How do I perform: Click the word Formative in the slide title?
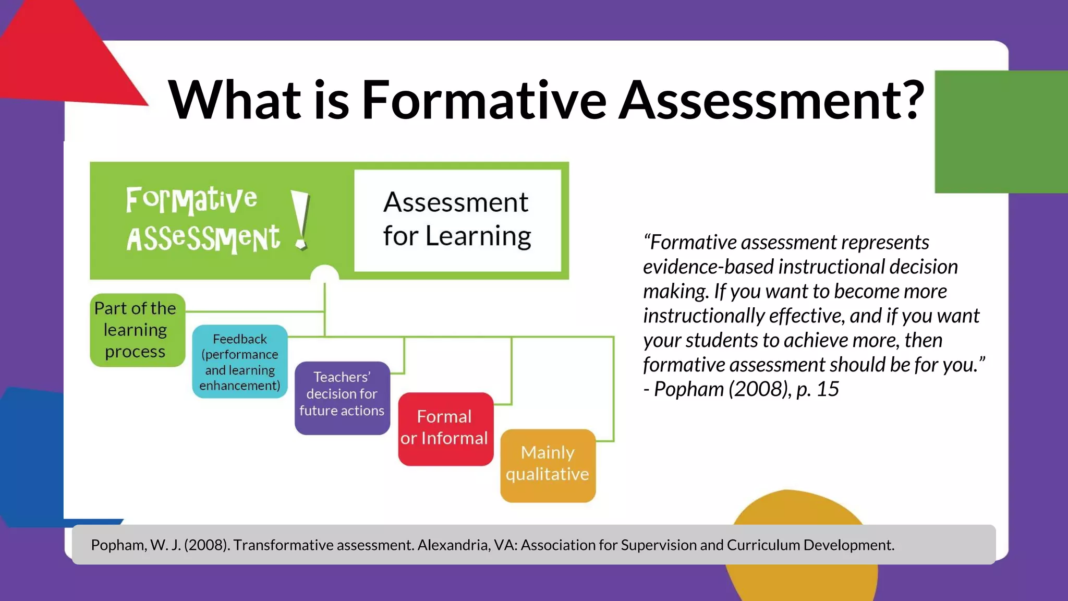pyautogui.click(x=484, y=100)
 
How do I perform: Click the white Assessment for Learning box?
pyautogui.click(x=457, y=220)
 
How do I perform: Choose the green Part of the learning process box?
pyautogui.click(x=137, y=330)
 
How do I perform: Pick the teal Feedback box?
pyautogui.click(x=239, y=362)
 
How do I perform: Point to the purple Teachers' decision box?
pyautogui.click(x=342, y=398)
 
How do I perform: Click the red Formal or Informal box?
pyautogui.click(x=445, y=429)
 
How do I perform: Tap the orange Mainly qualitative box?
pyautogui.click(x=548, y=465)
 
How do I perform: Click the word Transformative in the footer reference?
pyautogui.click(x=280, y=545)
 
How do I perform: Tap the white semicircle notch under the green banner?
pyautogui.click(x=324, y=274)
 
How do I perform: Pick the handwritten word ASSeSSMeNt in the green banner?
pyautogui.click(x=203, y=239)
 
